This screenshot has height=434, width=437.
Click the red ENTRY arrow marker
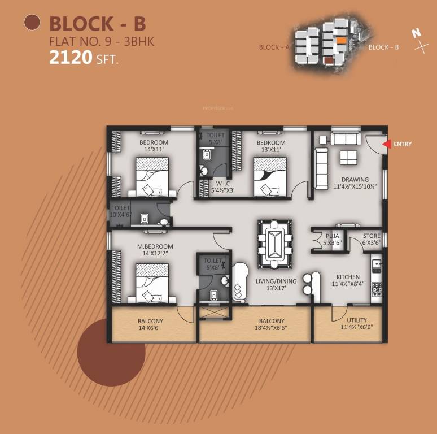tap(386, 144)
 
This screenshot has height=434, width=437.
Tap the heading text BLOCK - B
tap(98, 24)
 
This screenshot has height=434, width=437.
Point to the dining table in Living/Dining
tap(275, 243)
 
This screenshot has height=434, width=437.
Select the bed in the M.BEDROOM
tap(152, 282)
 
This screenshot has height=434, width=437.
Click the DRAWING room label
tap(355, 180)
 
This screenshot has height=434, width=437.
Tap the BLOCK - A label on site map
tap(274, 47)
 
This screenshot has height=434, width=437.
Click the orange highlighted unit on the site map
tap(341, 41)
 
